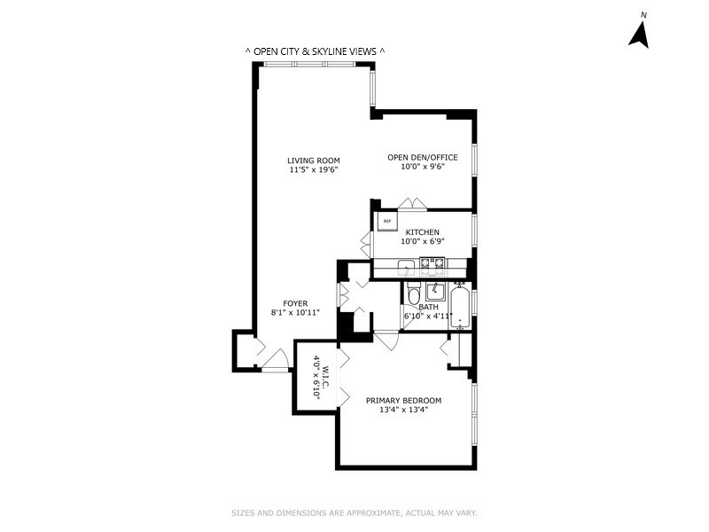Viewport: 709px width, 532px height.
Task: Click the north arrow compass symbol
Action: click(640, 33)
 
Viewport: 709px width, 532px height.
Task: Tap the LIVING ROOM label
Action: click(314, 160)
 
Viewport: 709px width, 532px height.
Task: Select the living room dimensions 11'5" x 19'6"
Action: click(314, 170)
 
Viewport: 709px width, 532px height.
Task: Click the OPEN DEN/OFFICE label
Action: click(423, 158)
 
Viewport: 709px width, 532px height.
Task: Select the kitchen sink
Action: click(405, 265)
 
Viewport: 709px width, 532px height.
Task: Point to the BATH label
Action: click(429, 307)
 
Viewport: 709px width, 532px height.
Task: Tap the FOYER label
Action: click(295, 303)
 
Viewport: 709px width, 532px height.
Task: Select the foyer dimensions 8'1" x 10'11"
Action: click(295, 313)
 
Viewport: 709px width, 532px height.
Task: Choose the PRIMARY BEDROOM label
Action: click(403, 401)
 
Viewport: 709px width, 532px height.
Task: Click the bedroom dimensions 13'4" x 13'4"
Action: click(403, 411)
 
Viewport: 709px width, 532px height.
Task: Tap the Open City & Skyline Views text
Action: click(315, 51)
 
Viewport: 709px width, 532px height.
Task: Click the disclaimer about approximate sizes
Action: click(354, 512)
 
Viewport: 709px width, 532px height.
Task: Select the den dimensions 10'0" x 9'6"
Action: click(423, 167)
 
